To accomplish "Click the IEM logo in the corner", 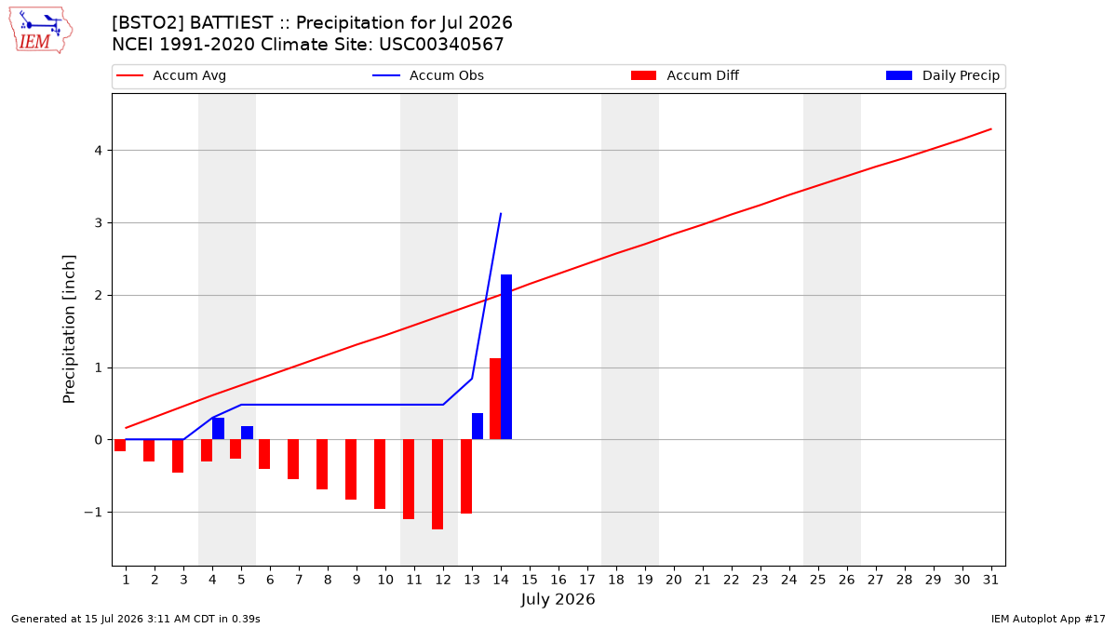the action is point(40,31).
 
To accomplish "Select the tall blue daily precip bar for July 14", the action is point(506,357).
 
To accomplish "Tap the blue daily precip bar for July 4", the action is point(218,429).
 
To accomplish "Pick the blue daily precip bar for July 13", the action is point(478,426).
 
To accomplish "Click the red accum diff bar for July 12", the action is point(437,485).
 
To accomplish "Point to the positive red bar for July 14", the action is point(495,399).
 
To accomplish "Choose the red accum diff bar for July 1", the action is point(120,446).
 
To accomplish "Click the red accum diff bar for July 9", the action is point(351,470).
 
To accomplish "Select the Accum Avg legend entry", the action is point(171,75).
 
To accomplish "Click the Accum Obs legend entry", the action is point(428,75).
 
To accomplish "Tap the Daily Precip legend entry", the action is point(942,75).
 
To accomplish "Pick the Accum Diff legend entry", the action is point(685,75).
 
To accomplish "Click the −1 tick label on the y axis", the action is point(93,513).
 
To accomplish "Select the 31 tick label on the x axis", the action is point(990,580).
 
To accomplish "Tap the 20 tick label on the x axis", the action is point(674,580).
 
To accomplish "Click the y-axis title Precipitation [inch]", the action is point(69,329).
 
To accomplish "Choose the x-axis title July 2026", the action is point(558,599).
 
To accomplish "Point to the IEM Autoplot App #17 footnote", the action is point(1048,619).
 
